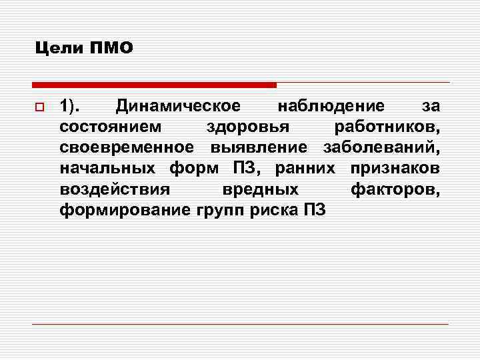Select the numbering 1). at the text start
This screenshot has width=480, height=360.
tap(71, 106)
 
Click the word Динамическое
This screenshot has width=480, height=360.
tap(177, 106)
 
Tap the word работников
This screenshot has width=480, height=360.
tap(387, 127)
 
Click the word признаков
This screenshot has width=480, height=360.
tap(395, 168)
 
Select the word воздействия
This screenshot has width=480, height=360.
tap(115, 189)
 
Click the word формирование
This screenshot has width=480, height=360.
tap(125, 210)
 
